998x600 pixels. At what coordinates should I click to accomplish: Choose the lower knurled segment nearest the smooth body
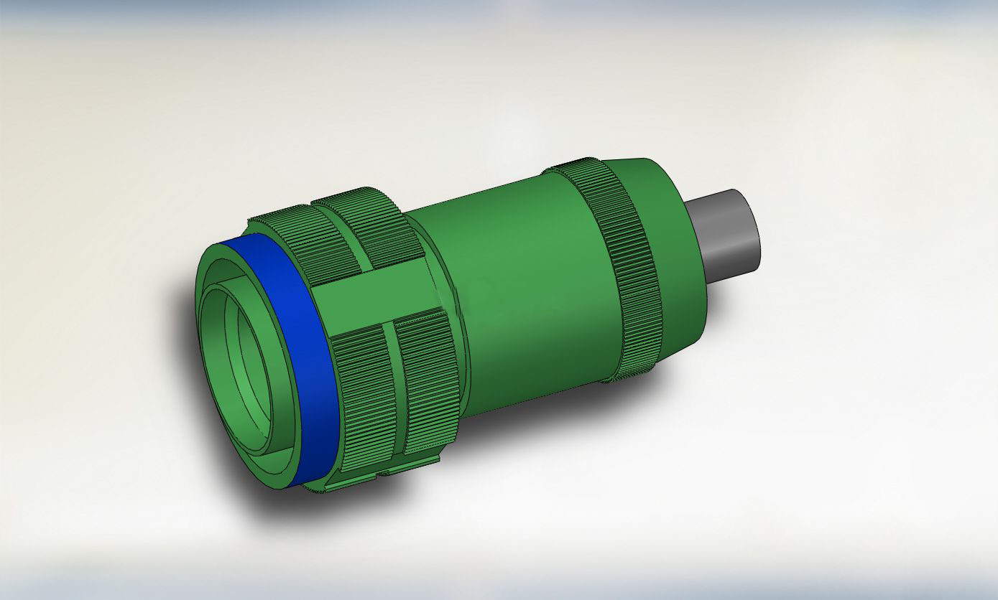(x=428, y=380)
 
